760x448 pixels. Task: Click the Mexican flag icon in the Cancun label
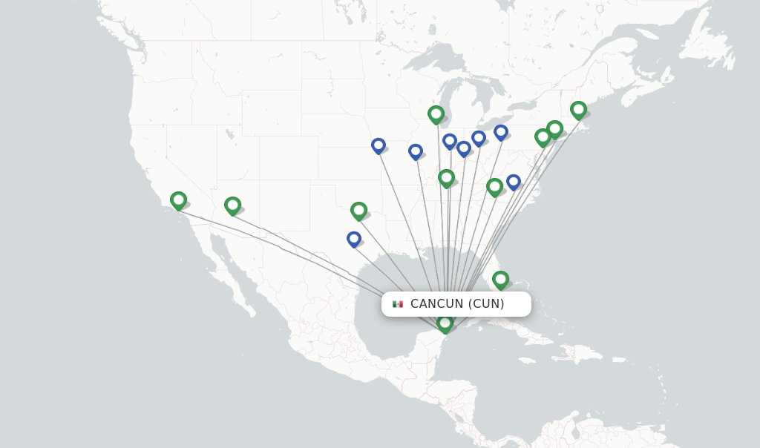[398, 304]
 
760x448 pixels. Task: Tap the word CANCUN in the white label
[437, 303]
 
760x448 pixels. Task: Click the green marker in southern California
[178, 200]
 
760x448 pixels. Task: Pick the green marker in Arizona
[232, 205]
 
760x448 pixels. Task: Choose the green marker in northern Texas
[358, 211]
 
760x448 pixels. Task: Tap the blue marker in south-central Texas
[353, 239]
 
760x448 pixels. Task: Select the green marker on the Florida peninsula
[500, 280]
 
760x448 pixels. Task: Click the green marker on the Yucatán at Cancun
[445, 323]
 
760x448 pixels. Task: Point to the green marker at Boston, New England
[578, 110]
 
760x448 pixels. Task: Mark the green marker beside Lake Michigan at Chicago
[436, 114]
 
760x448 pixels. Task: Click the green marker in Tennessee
[446, 178]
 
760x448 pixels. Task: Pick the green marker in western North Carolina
[494, 187]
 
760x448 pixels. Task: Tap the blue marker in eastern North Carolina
[513, 182]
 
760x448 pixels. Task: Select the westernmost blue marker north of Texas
[379, 145]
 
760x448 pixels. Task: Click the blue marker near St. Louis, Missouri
[416, 151]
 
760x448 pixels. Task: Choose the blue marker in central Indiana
[450, 141]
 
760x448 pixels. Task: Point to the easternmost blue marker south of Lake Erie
[501, 132]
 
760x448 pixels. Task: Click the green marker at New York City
[554, 129]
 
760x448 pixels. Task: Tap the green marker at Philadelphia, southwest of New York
[543, 137]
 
